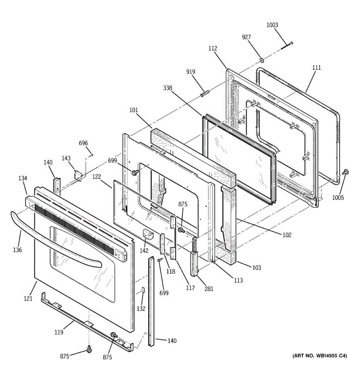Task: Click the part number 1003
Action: [272, 25]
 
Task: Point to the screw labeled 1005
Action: [346, 172]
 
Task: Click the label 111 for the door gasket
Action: [316, 68]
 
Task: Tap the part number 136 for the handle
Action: [18, 250]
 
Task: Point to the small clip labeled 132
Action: [143, 290]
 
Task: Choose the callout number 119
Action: [59, 332]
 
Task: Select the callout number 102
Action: [287, 235]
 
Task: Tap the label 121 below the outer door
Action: [28, 299]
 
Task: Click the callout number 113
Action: [238, 280]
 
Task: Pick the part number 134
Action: [23, 179]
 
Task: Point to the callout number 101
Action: [133, 110]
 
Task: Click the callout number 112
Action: [213, 48]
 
